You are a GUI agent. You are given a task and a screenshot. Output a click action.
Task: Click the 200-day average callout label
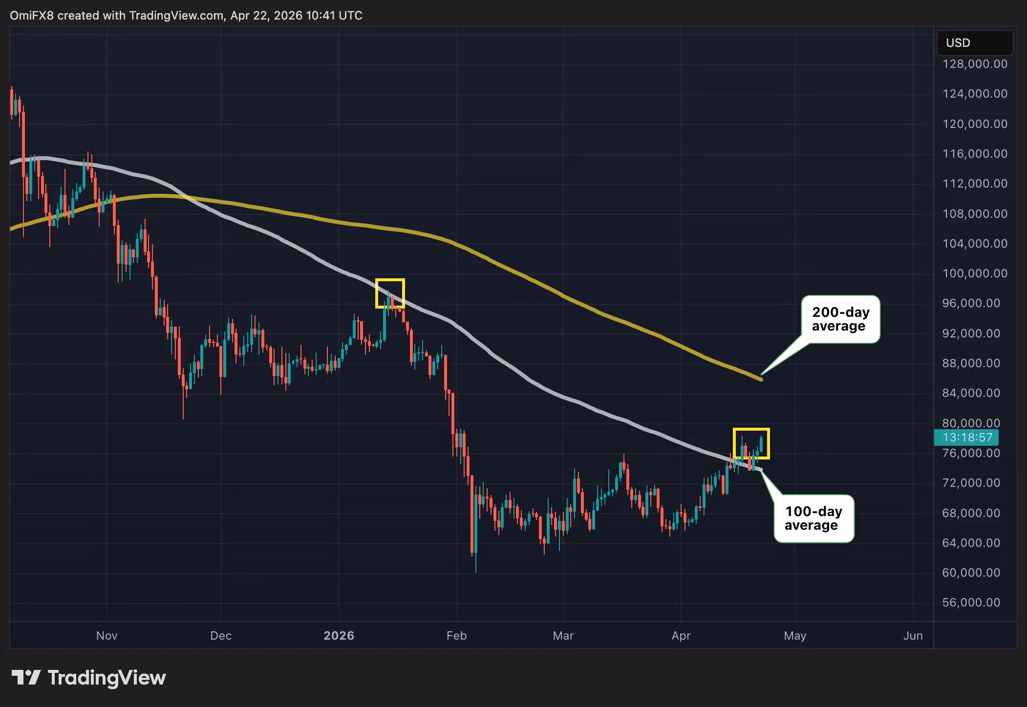(840, 319)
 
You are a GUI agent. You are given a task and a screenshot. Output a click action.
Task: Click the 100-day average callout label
(813, 519)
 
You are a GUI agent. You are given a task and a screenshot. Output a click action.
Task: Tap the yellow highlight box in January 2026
(390, 293)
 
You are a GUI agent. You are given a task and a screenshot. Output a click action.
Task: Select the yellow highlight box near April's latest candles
(751, 443)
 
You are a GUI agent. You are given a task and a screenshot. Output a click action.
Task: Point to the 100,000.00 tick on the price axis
(974, 273)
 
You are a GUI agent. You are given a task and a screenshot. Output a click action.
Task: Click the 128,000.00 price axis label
(974, 64)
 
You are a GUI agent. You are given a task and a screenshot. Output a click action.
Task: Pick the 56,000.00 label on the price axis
(971, 603)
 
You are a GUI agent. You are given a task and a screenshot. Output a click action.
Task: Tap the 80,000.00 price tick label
(971, 423)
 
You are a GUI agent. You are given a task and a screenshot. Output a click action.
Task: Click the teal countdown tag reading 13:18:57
(966, 437)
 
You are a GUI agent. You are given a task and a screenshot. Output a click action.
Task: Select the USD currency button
(974, 43)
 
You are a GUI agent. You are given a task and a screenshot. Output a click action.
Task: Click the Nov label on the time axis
(107, 636)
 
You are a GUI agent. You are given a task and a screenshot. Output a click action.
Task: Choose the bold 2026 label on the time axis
(339, 636)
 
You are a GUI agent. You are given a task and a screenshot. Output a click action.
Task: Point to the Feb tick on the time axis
(456, 636)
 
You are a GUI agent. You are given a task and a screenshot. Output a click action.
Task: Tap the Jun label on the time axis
(913, 636)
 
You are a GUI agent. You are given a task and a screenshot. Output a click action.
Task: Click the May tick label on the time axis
(795, 636)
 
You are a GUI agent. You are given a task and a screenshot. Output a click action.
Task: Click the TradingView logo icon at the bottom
(26, 678)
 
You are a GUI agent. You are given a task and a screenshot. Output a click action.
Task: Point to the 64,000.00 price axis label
(971, 543)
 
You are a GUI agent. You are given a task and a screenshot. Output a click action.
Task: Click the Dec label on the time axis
(221, 636)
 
